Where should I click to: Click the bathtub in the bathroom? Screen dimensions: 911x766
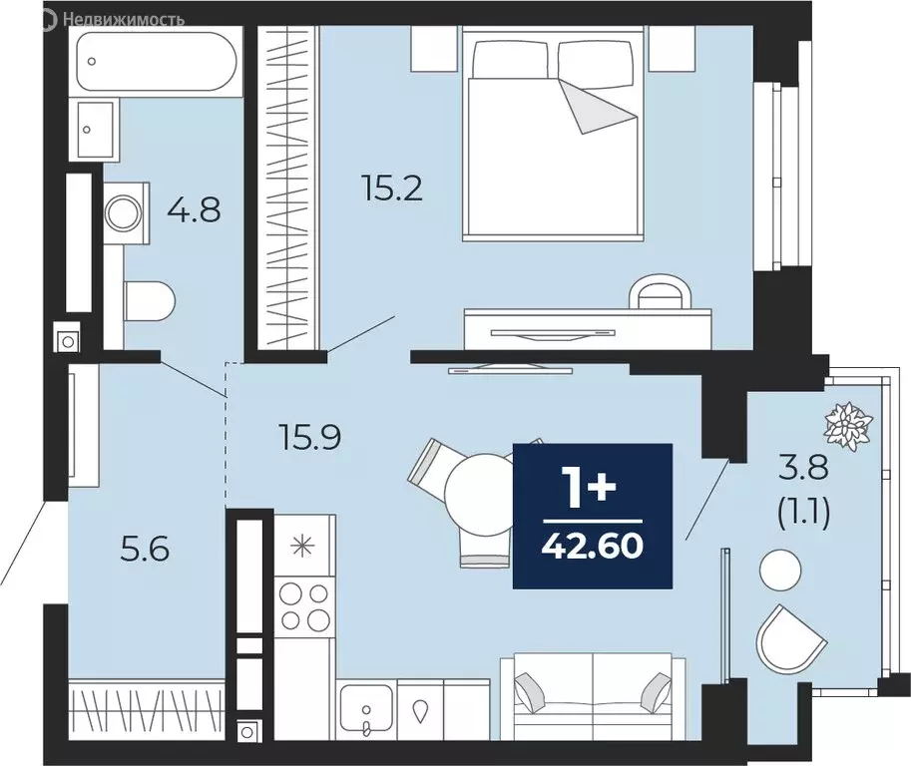click(x=157, y=62)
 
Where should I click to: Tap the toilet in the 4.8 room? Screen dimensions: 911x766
click(x=150, y=301)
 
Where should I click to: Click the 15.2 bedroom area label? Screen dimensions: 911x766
click(x=392, y=189)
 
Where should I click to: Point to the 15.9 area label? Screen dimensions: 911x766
click(x=309, y=437)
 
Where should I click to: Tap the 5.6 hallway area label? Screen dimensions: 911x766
click(x=145, y=549)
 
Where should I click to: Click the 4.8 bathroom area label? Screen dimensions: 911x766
click(x=194, y=210)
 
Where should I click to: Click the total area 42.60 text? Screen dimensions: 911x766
click(x=593, y=546)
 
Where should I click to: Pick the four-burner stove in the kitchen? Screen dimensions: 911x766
click(x=304, y=606)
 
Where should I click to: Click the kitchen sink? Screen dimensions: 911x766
click(x=366, y=709)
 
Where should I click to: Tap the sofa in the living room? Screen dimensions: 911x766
click(x=593, y=696)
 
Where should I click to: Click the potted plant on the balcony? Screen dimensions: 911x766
click(x=849, y=426)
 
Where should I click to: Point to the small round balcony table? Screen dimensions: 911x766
click(x=780, y=570)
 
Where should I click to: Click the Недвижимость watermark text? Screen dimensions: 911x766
click(x=123, y=20)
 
